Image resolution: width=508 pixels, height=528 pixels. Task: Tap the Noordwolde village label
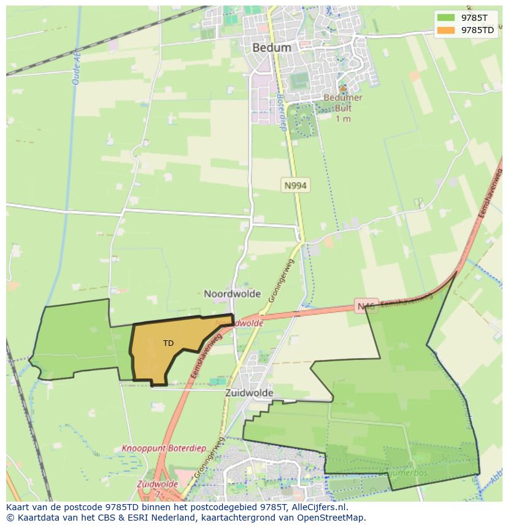pyautogui.click(x=232, y=294)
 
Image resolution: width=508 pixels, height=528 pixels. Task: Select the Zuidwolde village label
pyautogui.click(x=248, y=393)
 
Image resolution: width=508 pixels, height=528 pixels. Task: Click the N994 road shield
pyautogui.click(x=295, y=185)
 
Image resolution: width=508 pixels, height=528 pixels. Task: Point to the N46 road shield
pyautogui.click(x=366, y=305)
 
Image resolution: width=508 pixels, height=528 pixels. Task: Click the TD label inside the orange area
pyautogui.click(x=168, y=343)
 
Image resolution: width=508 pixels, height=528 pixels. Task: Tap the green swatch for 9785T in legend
pyautogui.click(x=446, y=17)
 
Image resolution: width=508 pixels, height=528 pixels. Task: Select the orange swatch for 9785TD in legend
pyautogui.click(x=446, y=30)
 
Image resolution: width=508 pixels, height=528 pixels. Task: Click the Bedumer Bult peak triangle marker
pyautogui.click(x=343, y=88)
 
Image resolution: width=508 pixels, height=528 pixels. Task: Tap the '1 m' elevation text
pyautogui.click(x=343, y=119)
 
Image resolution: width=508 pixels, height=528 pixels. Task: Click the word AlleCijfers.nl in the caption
pyautogui.click(x=318, y=507)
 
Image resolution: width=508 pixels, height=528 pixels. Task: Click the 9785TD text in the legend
pyautogui.click(x=477, y=30)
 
